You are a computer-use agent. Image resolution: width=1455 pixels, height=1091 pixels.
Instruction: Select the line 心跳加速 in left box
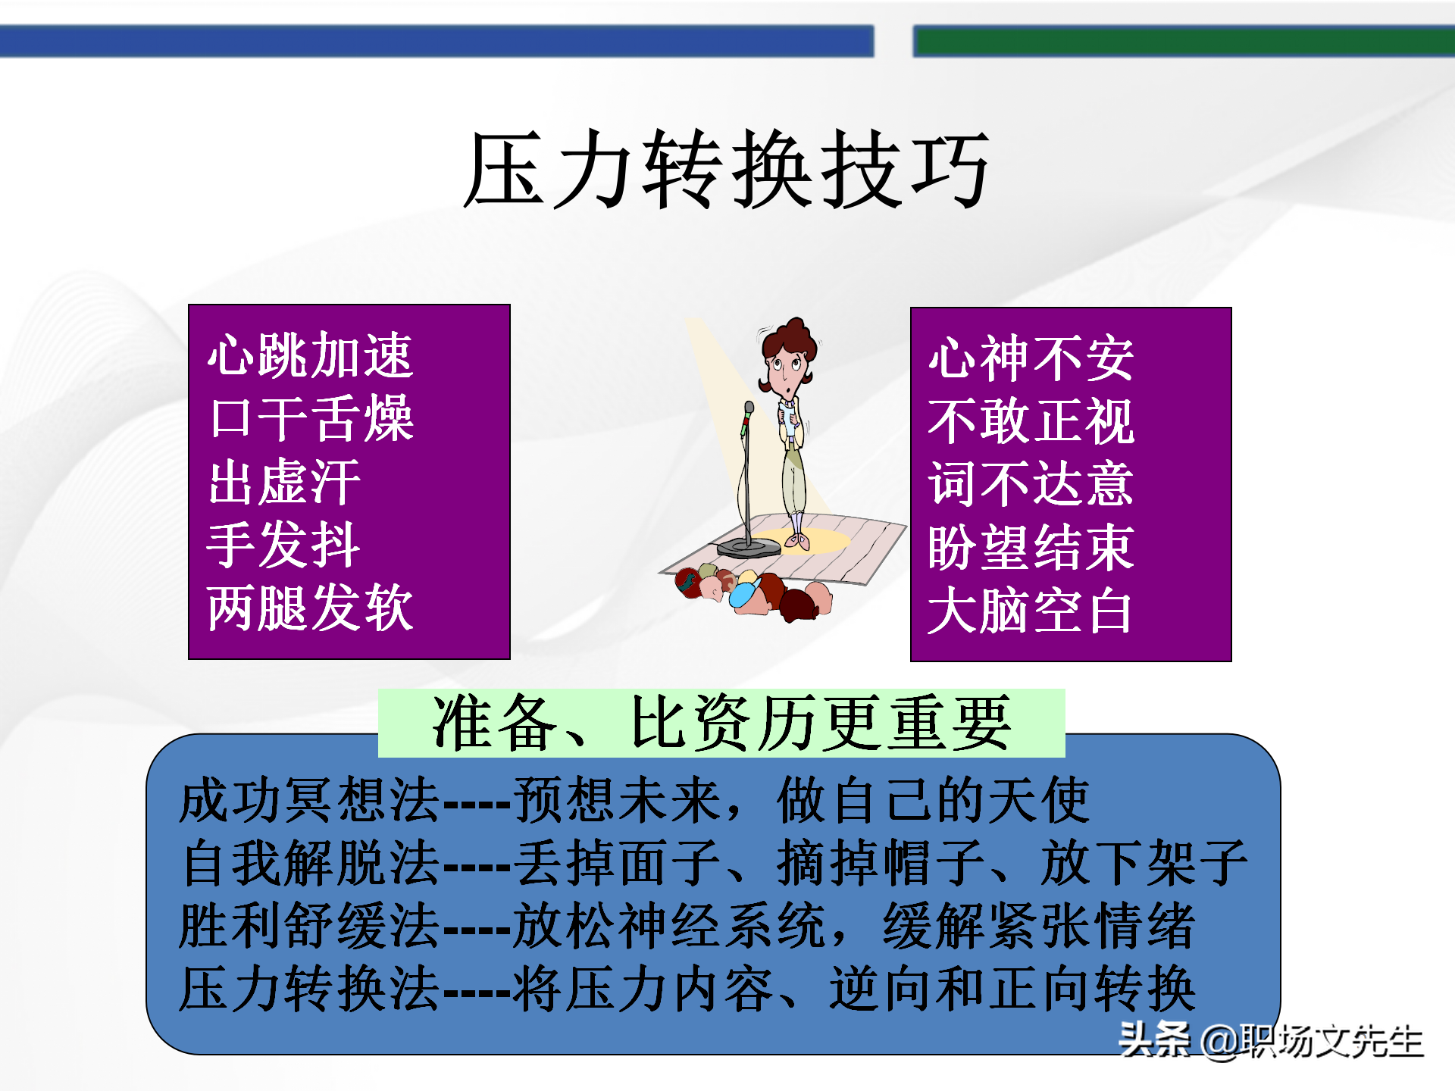311,355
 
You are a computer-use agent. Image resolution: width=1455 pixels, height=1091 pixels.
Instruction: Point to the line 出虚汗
284,482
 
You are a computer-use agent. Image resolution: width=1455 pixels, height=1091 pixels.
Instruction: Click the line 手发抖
284,545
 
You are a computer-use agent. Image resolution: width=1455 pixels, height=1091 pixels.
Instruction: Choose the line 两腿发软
311,608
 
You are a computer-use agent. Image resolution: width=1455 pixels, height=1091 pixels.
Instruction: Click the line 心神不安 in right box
1031,358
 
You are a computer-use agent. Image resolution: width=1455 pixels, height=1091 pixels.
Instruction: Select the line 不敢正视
1031,421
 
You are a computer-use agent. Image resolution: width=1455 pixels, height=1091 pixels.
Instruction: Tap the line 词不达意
1031,484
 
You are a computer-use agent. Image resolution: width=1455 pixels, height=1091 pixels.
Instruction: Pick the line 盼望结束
1031,547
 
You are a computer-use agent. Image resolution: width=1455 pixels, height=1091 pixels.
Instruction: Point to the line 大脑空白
1031,611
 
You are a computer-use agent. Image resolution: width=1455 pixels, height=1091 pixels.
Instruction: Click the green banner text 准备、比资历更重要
721,723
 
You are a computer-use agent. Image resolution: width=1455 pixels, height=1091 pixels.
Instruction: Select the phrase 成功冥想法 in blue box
309,801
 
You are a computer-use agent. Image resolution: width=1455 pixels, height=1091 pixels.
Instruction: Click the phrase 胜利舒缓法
309,926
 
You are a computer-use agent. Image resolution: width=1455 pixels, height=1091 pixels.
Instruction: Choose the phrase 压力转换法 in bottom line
309,989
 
